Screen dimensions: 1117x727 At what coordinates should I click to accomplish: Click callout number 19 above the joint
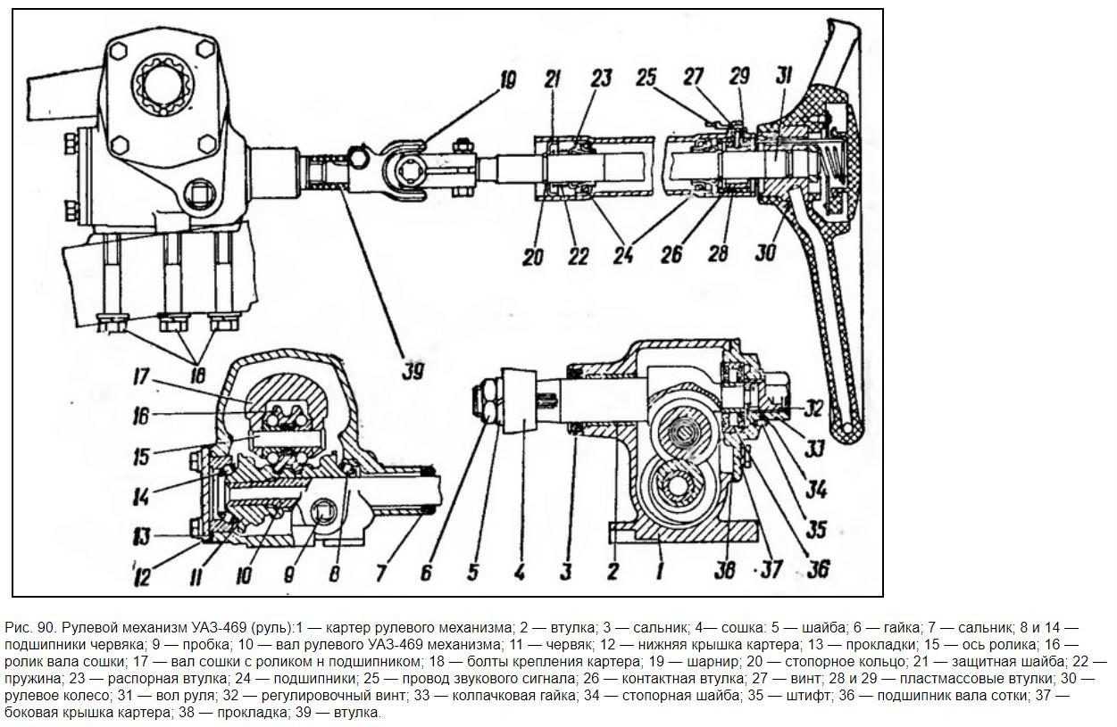pyautogui.click(x=507, y=80)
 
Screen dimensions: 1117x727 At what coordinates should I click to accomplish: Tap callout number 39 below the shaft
pyautogui.click(x=414, y=371)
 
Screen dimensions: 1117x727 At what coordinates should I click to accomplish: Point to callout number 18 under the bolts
pyautogui.click(x=198, y=375)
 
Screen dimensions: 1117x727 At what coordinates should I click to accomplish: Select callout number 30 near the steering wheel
pyautogui.click(x=766, y=252)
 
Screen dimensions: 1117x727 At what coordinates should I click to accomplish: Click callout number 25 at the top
pyautogui.click(x=646, y=78)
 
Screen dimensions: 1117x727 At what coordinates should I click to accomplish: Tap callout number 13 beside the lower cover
pyautogui.click(x=142, y=536)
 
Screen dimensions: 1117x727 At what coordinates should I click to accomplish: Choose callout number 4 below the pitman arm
pyautogui.click(x=520, y=573)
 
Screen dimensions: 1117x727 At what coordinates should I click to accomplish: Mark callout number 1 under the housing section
pyautogui.click(x=660, y=571)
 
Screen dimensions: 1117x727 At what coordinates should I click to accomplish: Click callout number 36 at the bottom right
pyautogui.click(x=818, y=569)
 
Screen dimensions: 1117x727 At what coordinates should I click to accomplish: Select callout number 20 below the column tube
pyautogui.click(x=533, y=258)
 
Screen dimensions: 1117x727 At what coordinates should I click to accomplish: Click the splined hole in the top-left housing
pyautogui.click(x=163, y=87)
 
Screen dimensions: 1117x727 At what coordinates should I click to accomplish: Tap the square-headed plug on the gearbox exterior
pyautogui.click(x=202, y=195)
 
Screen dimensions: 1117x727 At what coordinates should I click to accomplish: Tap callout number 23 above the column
pyautogui.click(x=602, y=78)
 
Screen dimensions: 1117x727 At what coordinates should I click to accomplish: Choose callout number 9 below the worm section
pyautogui.click(x=289, y=574)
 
